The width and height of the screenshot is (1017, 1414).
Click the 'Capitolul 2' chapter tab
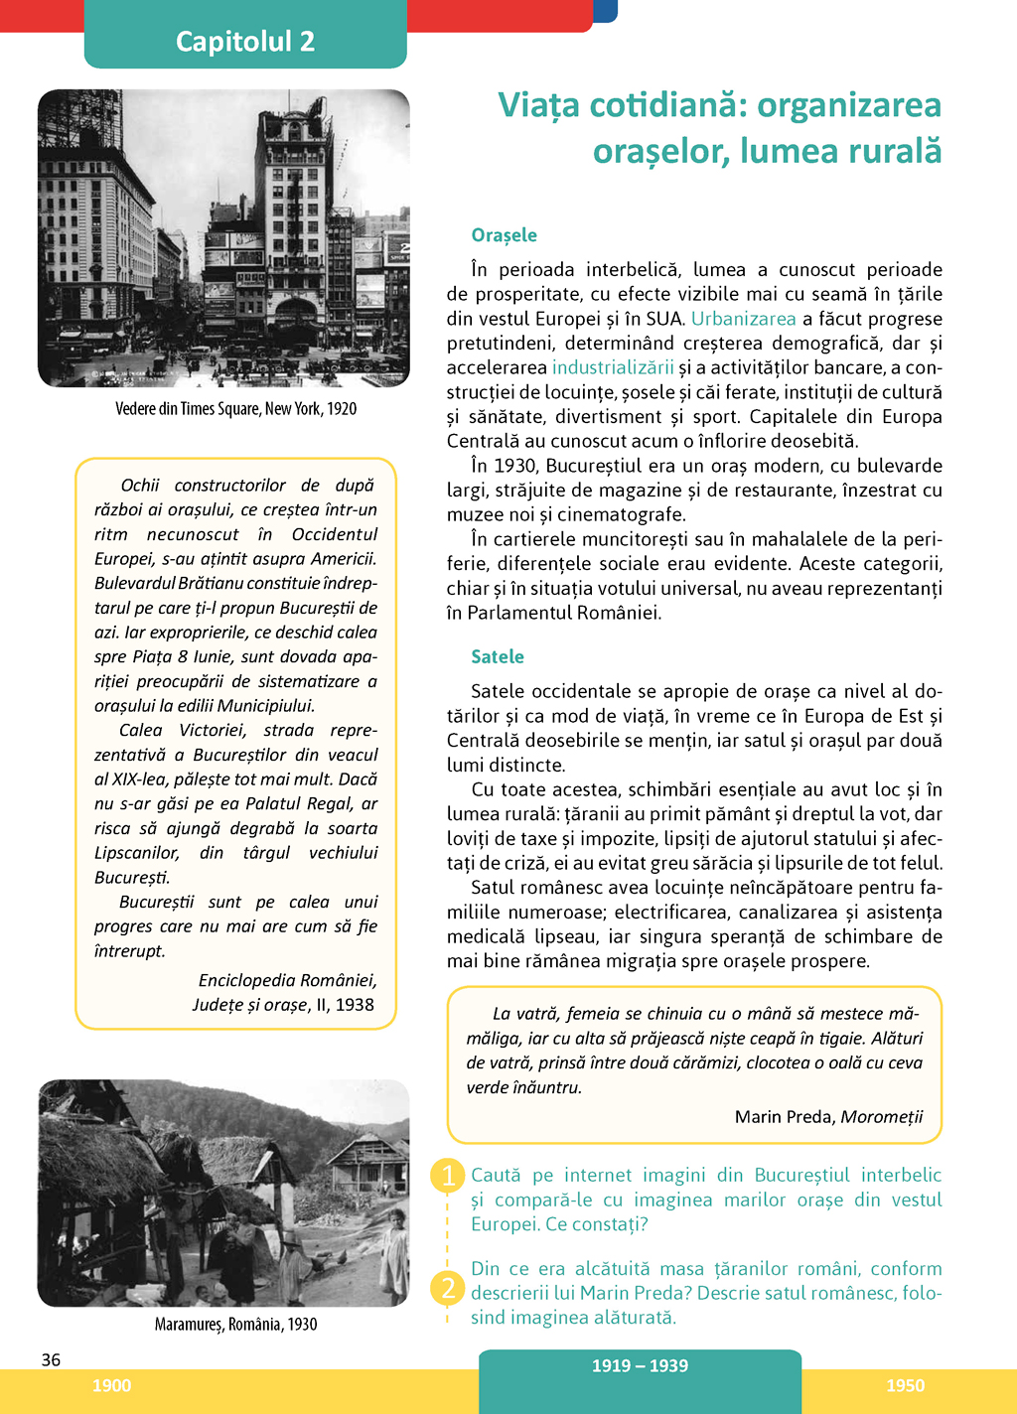click(245, 41)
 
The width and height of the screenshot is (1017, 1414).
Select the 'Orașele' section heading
click(504, 235)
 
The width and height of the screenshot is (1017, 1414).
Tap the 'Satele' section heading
click(497, 656)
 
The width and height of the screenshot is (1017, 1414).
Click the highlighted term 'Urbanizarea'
click(743, 319)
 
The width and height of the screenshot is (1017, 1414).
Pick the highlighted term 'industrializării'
click(612, 367)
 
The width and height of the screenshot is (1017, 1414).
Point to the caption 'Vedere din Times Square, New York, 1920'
click(235, 408)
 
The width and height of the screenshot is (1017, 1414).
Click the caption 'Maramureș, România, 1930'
click(235, 1324)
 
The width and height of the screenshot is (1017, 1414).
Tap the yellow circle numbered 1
click(448, 1176)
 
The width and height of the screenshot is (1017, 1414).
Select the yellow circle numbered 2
click(448, 1288)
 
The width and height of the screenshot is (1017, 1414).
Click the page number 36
click(51, 1359)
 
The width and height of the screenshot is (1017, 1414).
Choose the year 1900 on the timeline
click(111, 1385)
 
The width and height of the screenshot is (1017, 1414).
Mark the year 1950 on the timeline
click(905, 1385)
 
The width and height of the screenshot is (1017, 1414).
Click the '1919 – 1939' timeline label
click(640, 1365)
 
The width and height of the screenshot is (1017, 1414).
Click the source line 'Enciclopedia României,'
click(287, 980)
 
